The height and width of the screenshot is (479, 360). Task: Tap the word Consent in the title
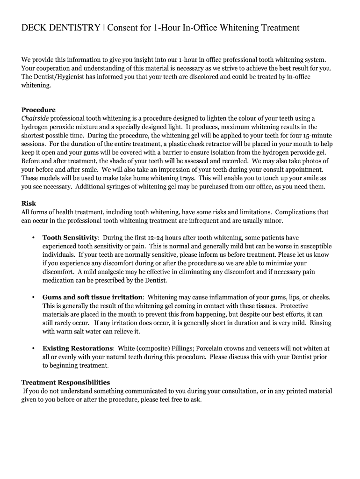(x=123, y=28)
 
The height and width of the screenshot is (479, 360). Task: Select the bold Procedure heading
(x=38, y=110)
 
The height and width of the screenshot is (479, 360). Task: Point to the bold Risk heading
(x=29, y=203)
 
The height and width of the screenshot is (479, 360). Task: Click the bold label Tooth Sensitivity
(x=70, y=238)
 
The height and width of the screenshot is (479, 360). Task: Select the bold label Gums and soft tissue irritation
(x=93, y=297)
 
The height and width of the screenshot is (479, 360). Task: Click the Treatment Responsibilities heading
(x=66, y=382)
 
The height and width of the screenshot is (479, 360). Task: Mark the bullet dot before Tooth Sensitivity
(x=33, y=238)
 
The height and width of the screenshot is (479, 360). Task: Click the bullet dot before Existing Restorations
(x=33, y=348)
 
